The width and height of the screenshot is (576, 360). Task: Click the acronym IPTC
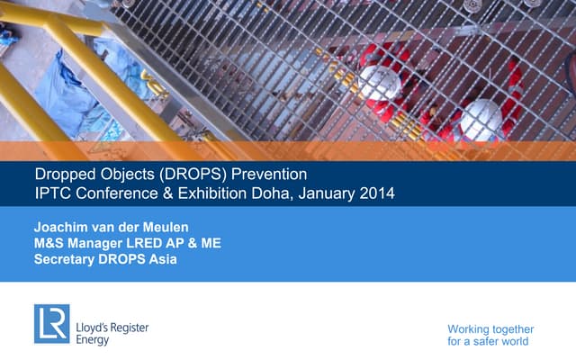click(x=52, y=193)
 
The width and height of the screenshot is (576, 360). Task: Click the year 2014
click(x=376, y=193)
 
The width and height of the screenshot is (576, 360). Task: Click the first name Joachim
click(x=63, y=227)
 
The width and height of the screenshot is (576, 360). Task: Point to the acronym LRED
click(x=157, y=244)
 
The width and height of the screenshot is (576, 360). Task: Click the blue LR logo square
click(x=51, y=323)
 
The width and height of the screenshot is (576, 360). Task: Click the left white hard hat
click(x=379, y=83)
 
